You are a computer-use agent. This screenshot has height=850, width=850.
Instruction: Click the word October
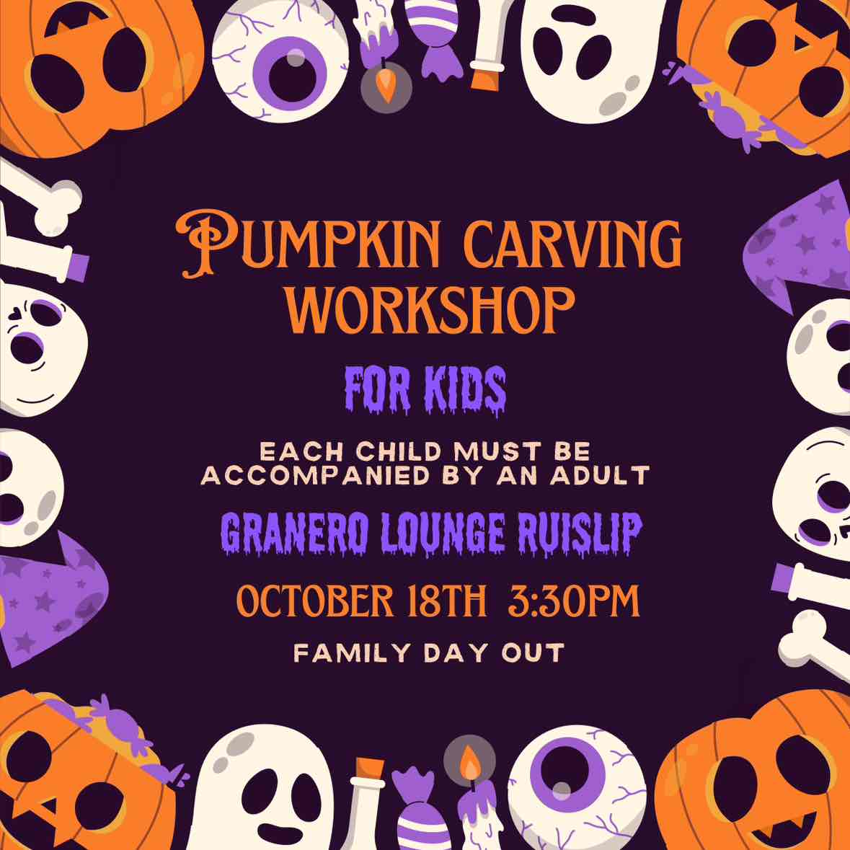[315, 601]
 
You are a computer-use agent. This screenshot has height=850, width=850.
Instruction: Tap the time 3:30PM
[574, 601]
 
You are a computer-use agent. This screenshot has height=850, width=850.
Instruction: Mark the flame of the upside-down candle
[386, 87]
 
